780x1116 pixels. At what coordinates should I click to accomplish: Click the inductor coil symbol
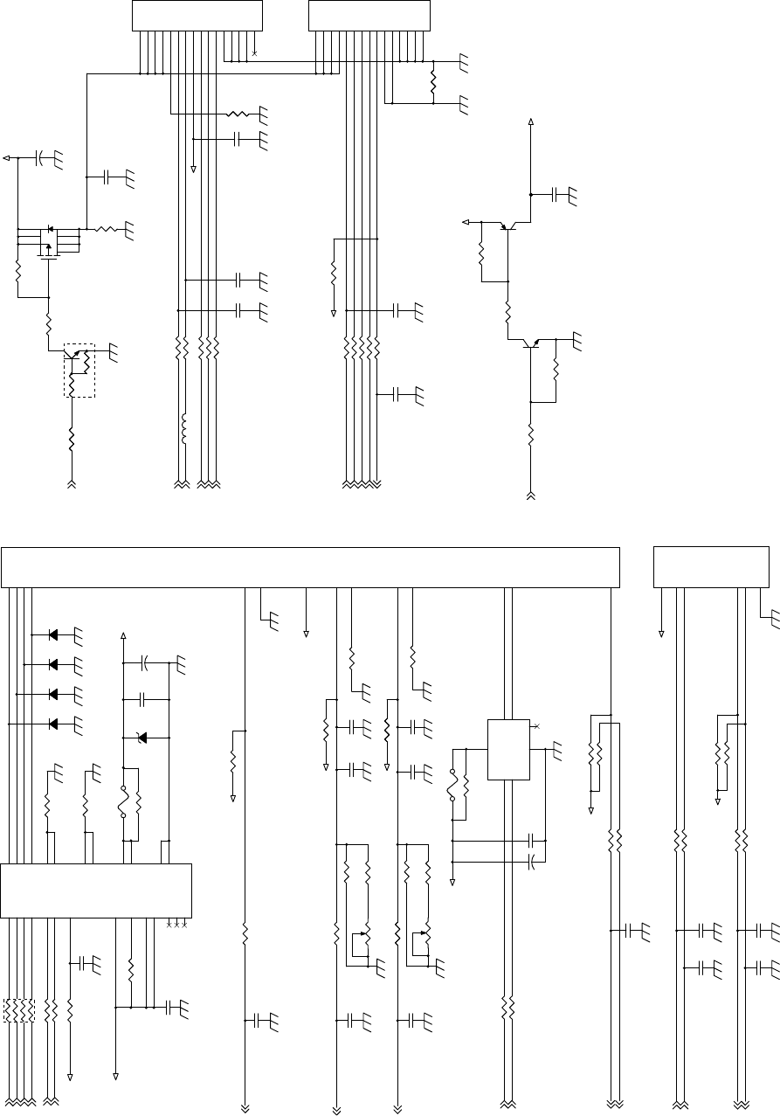[x=183, y=427]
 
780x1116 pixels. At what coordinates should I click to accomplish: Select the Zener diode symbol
[x=142, y=738]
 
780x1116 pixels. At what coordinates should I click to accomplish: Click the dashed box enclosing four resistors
[x=18, y=1009]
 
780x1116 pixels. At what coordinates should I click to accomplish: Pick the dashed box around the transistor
[x=79, y=370]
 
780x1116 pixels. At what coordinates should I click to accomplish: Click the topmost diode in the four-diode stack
[x=53, y=634]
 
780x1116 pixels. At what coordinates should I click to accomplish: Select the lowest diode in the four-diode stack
[x=53, y=724]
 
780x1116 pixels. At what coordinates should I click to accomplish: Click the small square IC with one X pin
[x=508, y=749]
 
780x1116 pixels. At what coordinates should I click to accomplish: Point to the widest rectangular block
[x=310, y=567]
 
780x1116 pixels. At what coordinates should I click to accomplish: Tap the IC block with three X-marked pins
[x=96, y=890]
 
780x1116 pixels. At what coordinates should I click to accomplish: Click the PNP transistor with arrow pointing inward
[x=507, y=226]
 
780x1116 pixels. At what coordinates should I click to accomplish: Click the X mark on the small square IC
[x=536, y=726]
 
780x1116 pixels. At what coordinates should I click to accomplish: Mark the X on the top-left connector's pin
[x=254, y=53]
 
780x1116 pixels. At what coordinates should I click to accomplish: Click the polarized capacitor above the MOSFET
[x=40, y=158]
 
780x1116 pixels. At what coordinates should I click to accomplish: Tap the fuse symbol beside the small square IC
[x=452, y=784]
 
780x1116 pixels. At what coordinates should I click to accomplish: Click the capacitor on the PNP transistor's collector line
[x=556, y=194]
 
